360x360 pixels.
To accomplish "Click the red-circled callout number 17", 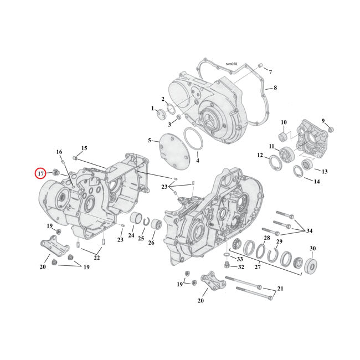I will (41, 174).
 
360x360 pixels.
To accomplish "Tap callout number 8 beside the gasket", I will (275, 88).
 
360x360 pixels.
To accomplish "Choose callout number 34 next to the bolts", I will (309, 230).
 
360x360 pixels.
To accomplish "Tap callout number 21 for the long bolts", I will (280, 289).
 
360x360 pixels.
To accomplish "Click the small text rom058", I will (224, 64).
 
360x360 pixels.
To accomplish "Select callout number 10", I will (283, 122).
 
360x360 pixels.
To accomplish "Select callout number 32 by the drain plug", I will (241, 267).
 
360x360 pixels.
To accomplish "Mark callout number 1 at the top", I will (152, 109).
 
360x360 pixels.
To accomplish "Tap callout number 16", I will (59, 152).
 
